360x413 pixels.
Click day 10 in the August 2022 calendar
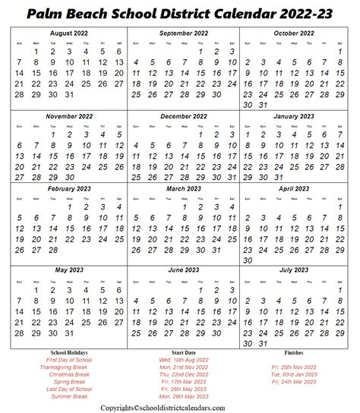[69, 62]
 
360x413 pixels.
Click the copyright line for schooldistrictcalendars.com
[180, 407]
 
